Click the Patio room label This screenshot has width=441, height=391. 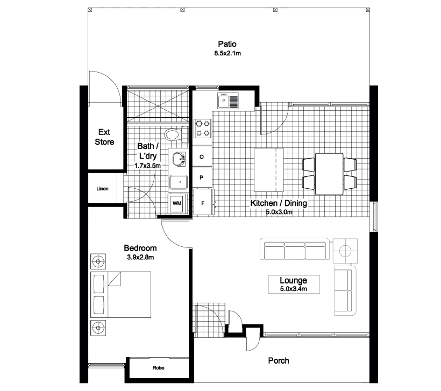click(227, 44)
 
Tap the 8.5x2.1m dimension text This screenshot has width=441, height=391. click(227, 53)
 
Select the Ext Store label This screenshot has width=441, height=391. click(104, 137)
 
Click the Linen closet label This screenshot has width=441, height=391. click(103, 189)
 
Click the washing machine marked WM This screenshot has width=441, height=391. click(176, 204)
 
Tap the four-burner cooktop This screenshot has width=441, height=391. click(203, 128)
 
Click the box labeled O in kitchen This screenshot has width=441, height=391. click(202, 157)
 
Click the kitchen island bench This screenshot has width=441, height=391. click(268, 170)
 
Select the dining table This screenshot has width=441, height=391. click(329, 174)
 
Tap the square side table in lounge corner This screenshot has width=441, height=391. click(345, 250)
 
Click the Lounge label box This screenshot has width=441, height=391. click(293, 285)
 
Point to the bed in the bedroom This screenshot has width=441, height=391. click(120, 293)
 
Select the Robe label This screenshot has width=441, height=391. click(158, 368)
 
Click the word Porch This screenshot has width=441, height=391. click(279, 360)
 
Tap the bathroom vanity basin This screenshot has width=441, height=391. click(179, 159)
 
